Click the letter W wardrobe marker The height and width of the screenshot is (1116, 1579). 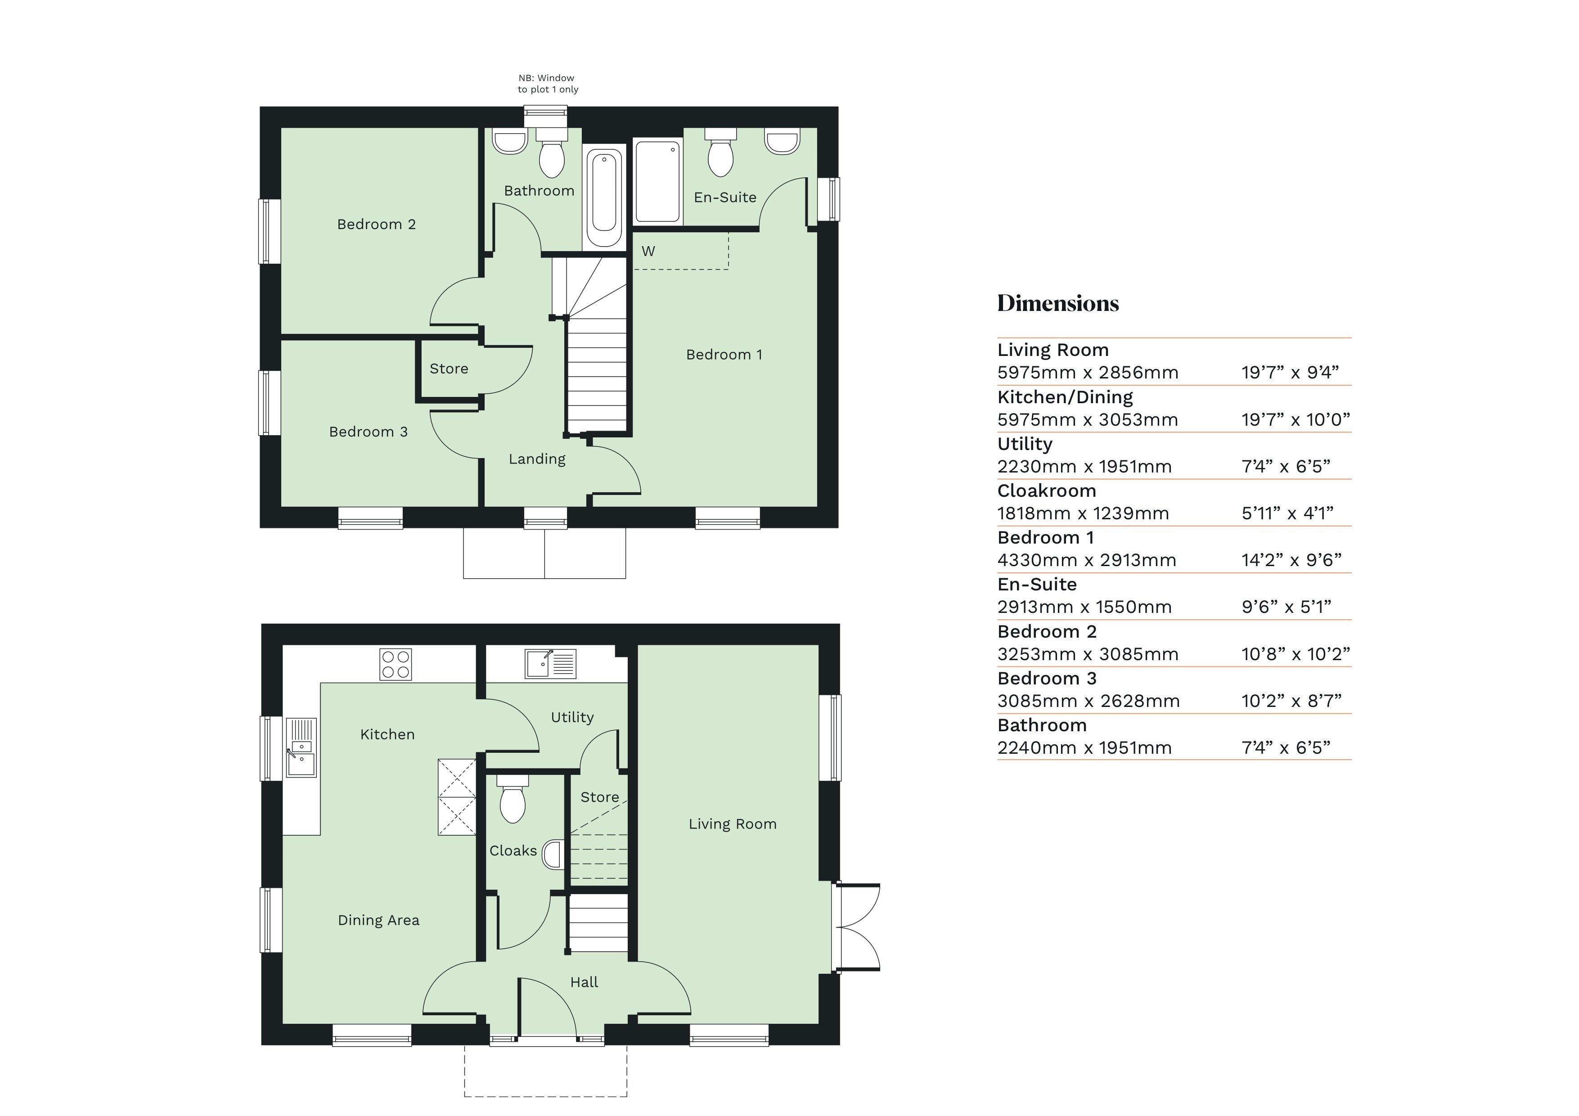[x=648, y=252]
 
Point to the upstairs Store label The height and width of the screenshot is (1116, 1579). [x=448, y=369]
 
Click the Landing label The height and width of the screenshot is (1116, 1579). [x=537, y=459]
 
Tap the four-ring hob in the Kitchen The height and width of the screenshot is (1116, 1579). [x=396, y=664]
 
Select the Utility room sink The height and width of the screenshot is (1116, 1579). [x=550, y=664]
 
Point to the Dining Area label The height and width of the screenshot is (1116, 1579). [x=378, y=920]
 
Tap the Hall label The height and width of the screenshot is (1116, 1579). [x=584, y=982]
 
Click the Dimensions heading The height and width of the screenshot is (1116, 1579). [x=1058, y=303]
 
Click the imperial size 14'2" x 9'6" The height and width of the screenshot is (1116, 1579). [x=1291, y=560]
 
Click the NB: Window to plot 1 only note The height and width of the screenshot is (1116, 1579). [x=548, y=84]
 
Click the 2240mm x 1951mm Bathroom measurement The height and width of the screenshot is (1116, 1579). [x=1084, y=748]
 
